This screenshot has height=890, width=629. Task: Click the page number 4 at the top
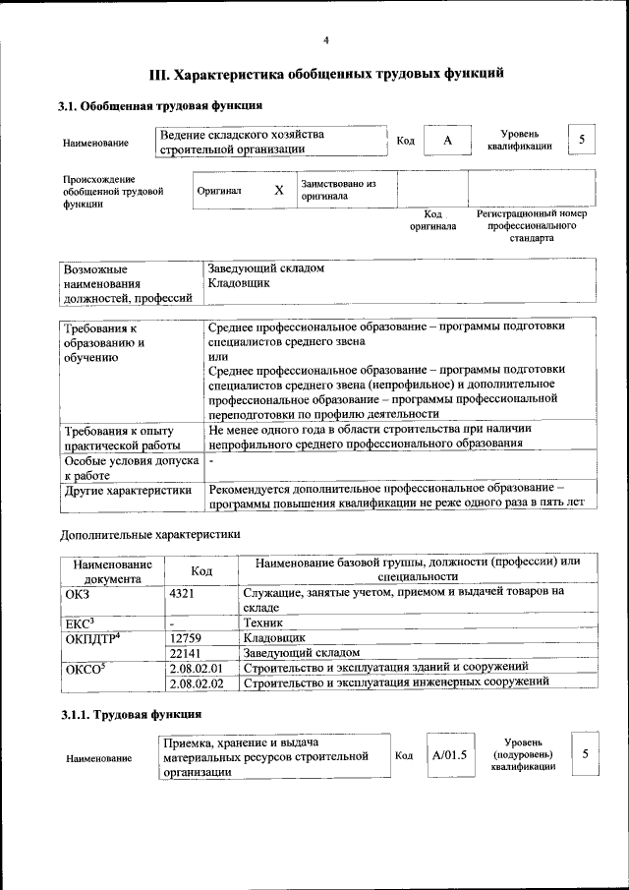coord(325,40)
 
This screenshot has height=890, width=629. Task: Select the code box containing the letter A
coord(447,141)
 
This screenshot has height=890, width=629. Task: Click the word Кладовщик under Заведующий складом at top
coord(238,282)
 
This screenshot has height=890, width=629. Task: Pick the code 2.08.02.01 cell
coord(197,668)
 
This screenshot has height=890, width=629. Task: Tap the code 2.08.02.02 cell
coord(197,682)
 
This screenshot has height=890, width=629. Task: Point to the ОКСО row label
coord(83,668)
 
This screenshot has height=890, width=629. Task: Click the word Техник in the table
coord(262,623)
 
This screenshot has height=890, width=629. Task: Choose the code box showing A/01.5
coord(448,755)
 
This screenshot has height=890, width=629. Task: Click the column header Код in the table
coord(201,570)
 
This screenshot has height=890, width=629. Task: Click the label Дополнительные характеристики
coord(149,534)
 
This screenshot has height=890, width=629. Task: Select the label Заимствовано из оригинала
coord(338,190)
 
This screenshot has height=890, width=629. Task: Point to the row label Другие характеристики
coord(127,489)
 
